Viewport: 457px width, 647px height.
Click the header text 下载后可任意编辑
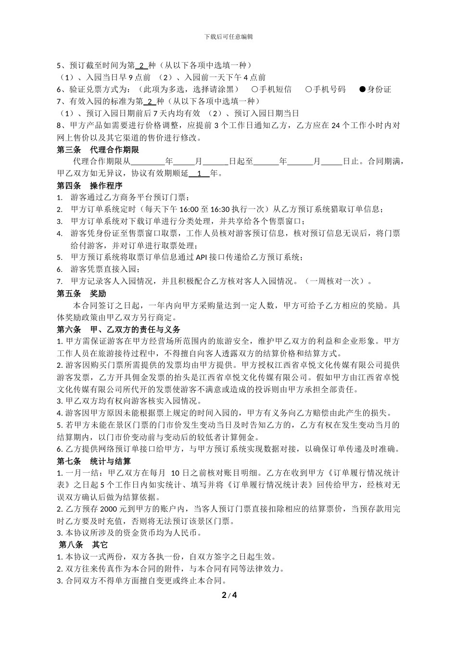(x=228, y=37)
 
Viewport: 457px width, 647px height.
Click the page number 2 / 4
(x=229, y=595)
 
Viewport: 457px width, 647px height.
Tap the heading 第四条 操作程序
(x=89, y=186)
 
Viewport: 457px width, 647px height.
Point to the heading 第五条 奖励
(x=81, y=294)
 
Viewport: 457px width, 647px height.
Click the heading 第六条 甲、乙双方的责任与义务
(x=118, y=330)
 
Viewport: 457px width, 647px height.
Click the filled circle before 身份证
(x=363, y=90)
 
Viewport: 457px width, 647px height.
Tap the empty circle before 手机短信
(x=254, y=90)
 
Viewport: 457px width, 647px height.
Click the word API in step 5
(x=201, y=258)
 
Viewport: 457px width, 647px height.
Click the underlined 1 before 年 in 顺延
(x=199, y=173)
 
